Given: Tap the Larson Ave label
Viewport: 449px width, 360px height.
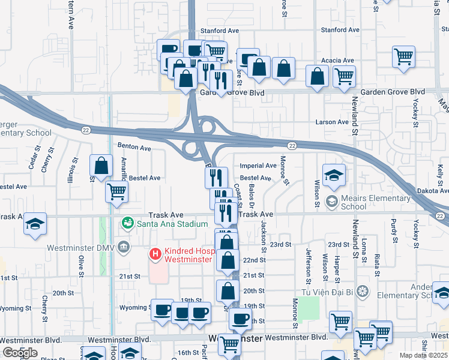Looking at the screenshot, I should click(x=333, y=122).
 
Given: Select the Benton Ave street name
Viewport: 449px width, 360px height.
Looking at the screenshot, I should click(x=134, y=147).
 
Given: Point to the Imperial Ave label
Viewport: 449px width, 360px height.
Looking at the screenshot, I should click(x=258, y=166).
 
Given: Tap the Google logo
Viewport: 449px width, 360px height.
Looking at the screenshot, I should click(x=19, y=353).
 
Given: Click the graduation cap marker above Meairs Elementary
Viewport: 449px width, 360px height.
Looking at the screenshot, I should click(x=334, y=175).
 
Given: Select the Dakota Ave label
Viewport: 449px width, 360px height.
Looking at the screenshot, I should click(x=432, y=190).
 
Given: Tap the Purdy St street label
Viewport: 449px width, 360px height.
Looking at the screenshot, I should click(x=394, y=230).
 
